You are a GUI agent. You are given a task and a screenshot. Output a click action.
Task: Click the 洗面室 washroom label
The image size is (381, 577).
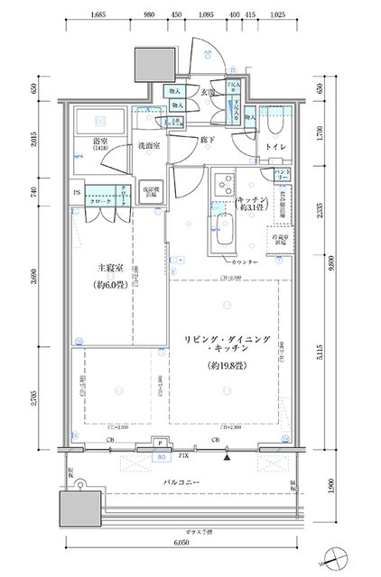tap(148, 146)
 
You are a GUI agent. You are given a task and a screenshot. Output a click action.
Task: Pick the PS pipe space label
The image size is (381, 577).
tap(75, 191)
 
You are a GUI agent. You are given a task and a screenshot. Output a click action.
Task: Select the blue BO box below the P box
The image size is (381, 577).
tap(162, 456)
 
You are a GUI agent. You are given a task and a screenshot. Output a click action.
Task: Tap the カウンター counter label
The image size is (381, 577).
tap(246, 261)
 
